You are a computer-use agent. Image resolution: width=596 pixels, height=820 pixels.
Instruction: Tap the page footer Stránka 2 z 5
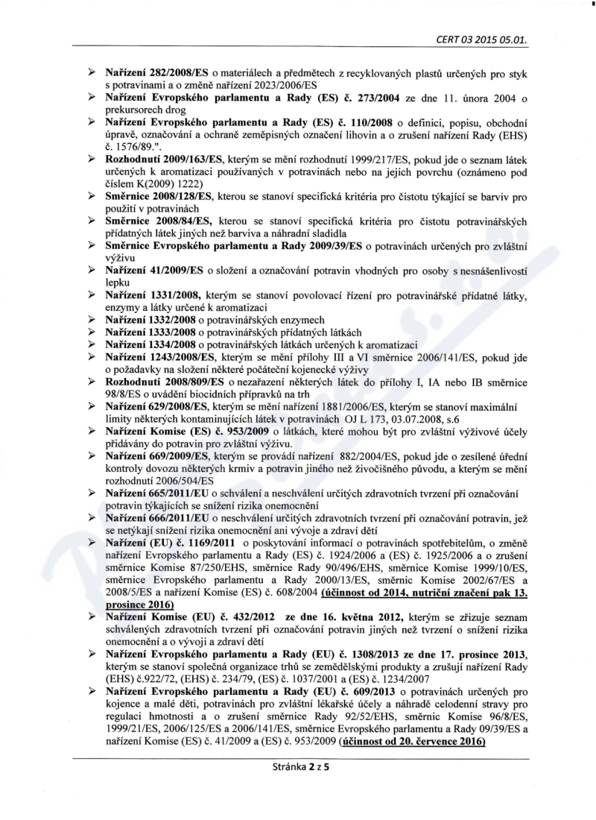coord(297,804)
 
